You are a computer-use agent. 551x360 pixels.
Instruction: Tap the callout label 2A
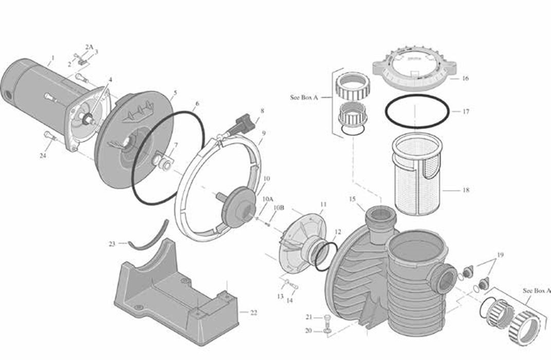pos(89,47)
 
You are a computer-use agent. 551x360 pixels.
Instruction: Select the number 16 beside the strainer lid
pos(465,79)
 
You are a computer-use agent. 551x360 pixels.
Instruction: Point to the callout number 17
pos(466,112)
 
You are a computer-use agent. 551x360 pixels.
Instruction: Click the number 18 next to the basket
pos(466,190)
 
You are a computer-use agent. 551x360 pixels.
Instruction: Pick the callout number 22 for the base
pos(253,312)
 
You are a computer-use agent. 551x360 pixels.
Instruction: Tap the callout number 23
pos(112,244)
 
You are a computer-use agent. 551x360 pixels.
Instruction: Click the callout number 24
pos(43,155)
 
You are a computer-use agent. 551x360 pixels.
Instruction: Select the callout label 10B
pos(278,207)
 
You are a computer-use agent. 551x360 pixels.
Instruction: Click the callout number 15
pos(352,199)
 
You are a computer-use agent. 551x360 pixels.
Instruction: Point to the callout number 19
pos(501,255)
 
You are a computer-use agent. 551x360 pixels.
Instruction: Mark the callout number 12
pos(337,232)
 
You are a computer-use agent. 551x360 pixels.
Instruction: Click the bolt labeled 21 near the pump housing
pos(327,317)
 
